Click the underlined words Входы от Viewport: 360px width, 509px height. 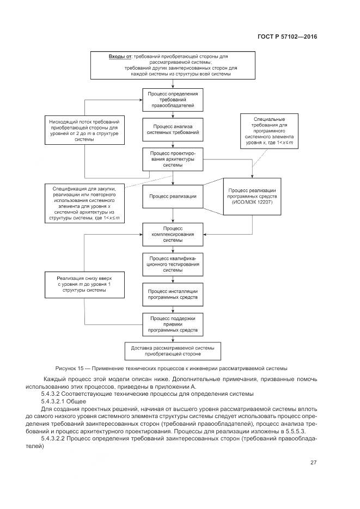pos(120,57)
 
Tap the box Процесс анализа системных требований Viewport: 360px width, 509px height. pos(173,128)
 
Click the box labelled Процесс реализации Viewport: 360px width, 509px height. pos(173,196)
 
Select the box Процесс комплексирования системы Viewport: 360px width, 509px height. pos(173,234)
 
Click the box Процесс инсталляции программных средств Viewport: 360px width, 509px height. pos(173,295)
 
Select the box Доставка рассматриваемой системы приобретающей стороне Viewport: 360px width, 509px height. pos(173,351)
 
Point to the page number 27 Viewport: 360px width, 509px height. pos(313,463)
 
